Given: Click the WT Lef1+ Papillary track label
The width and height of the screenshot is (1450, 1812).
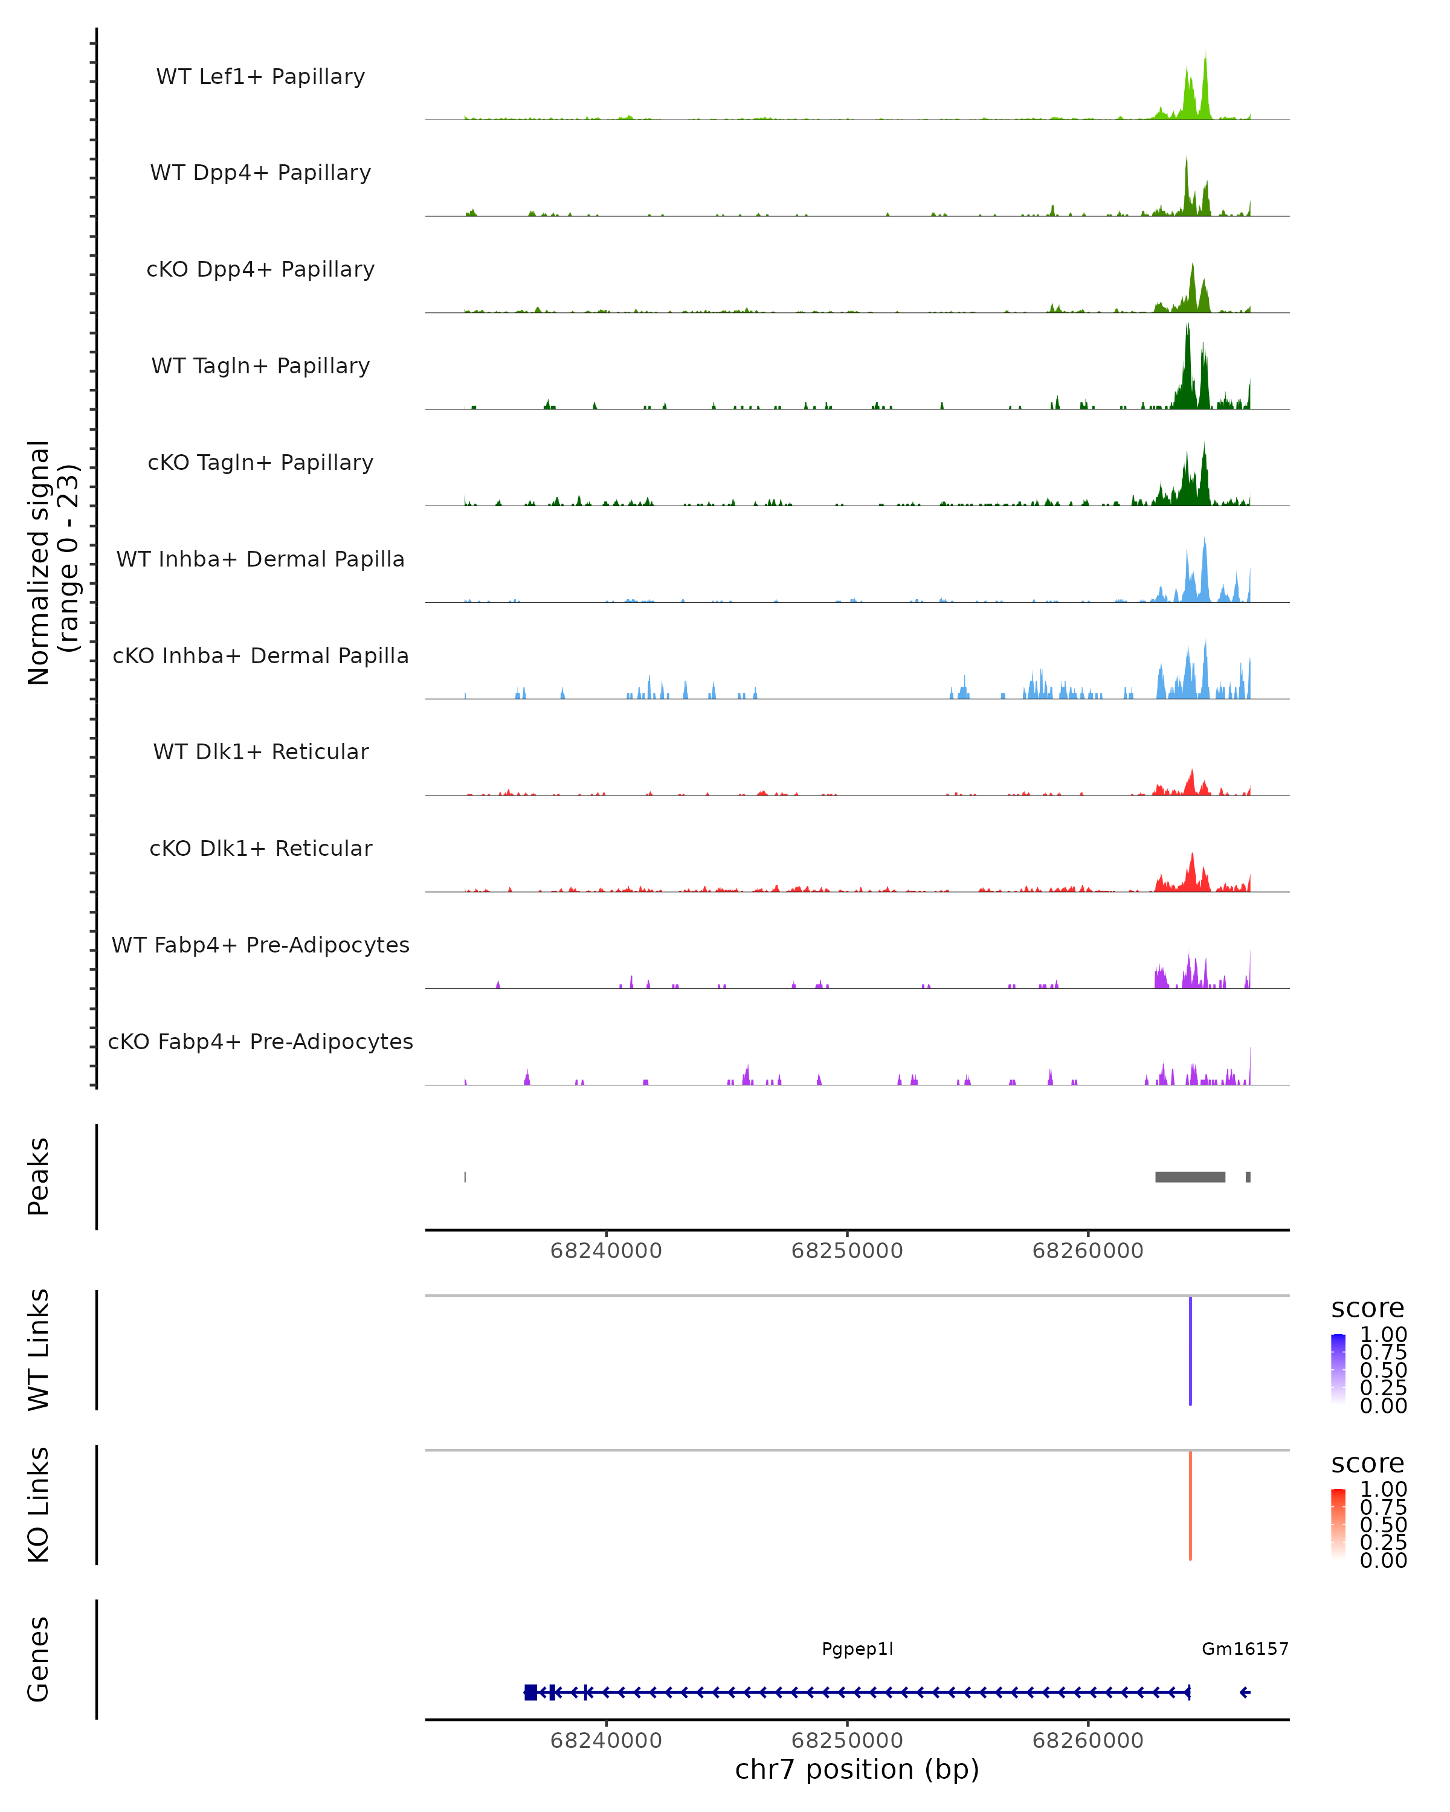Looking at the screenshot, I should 260,77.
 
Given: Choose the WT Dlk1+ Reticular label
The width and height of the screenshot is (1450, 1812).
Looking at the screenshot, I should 260,751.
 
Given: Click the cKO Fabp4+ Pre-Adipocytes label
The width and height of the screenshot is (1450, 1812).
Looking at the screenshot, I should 260,1041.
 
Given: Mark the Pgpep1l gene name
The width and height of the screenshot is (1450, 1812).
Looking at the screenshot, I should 857,1649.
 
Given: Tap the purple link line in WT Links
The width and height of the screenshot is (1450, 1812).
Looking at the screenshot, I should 1190,1351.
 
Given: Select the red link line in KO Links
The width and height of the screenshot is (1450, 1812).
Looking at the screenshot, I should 1190,1505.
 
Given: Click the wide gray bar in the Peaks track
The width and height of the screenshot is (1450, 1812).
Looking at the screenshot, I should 1190,1177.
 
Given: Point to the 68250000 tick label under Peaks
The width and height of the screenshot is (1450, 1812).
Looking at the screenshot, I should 846,1251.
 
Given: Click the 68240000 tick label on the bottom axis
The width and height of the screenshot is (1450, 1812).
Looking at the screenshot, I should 606,1741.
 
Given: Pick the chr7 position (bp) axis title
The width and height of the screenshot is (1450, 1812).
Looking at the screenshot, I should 857,1770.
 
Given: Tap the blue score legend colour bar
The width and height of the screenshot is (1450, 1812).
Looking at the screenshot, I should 1338,1368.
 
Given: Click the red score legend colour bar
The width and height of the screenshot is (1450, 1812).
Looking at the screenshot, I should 1338,1523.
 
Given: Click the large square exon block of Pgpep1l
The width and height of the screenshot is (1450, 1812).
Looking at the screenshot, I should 530,1692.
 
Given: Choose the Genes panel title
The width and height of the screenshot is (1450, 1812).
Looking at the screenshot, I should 38,1659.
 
